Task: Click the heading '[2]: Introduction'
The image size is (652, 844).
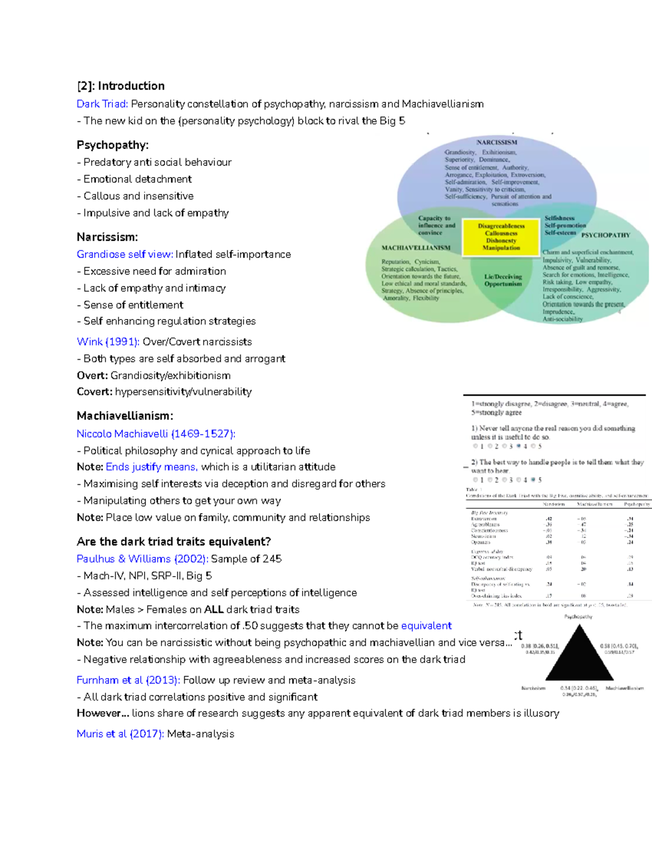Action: tap(121, 86)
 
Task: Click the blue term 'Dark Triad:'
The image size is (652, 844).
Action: tap(102, 104)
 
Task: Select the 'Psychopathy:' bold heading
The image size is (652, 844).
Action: tap(112, 145)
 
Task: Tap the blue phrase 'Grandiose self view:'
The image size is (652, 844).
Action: tap(125, 254)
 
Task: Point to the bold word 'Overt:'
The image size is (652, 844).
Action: tap(92, 376)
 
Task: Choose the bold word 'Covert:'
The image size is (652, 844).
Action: tap(95, 392)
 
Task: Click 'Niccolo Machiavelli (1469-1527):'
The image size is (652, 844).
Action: tap(156, 434)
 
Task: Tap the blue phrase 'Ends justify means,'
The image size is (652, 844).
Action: tap(152, 467)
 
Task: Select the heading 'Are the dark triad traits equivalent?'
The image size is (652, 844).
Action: tap(174, 542)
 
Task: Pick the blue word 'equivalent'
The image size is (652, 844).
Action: tap(426, 626)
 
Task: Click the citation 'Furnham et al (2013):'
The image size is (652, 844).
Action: tap(128, 680)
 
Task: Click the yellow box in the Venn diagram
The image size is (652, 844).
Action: tap(501, 237)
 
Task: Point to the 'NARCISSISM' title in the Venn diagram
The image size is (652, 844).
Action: tap(497, 142)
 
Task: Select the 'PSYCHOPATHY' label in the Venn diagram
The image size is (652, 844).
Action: tap(605, 235)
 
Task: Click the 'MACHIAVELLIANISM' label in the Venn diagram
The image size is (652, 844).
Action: tap(416, 248)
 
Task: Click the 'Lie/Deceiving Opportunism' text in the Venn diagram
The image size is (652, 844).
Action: tap(503, 280)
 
